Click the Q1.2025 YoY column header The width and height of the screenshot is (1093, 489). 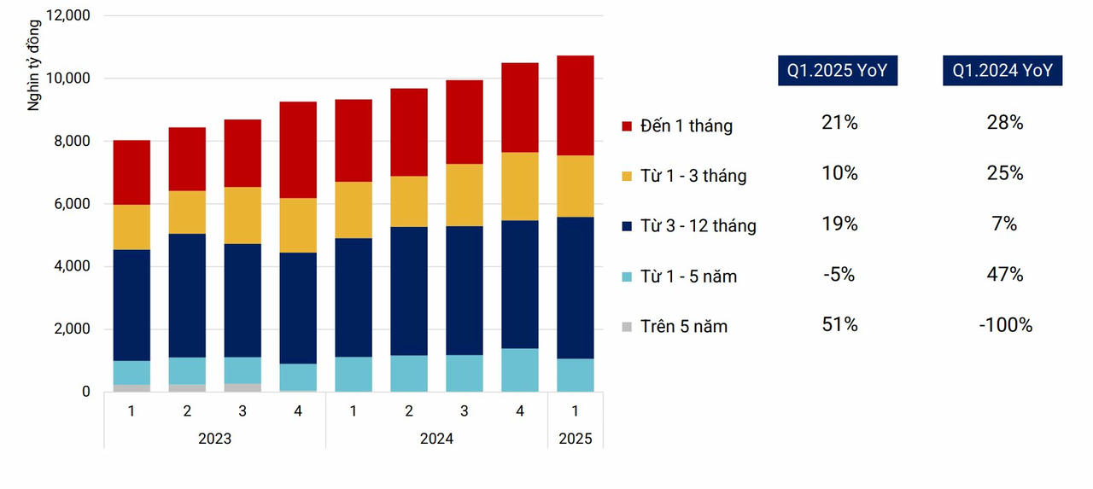point(837,71)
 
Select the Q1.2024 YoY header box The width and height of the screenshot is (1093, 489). point(1002,71)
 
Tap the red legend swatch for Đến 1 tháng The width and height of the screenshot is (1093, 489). point(627,126)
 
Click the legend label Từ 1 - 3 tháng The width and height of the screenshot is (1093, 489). point(695,176)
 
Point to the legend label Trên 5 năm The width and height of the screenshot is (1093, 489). point(686,326)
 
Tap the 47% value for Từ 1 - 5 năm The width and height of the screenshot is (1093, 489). point(1004,274)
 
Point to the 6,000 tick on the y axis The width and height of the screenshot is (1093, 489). point(69,204)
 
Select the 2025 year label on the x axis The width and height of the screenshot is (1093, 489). point(575,439)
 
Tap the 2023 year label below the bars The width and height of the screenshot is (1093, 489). point(214,439)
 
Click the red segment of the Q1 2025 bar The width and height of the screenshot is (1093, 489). point(575,106)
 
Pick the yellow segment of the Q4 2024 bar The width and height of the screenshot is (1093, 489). point(519,186)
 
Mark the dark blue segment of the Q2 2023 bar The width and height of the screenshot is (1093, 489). point(187,295)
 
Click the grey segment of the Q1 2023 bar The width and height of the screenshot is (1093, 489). point(132,388)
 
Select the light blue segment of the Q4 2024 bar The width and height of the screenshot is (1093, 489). point(519,370)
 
